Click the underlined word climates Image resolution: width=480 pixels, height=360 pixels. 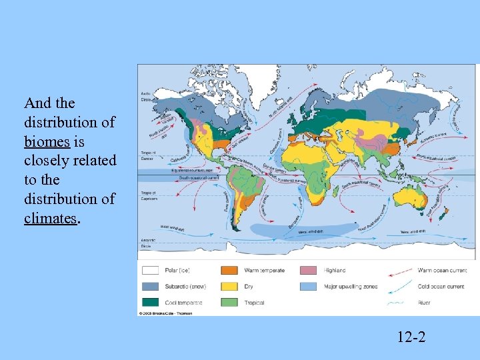(50, 218)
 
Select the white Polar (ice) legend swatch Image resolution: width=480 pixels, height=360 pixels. (151, 271)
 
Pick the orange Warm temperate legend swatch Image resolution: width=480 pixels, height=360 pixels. (230, 271)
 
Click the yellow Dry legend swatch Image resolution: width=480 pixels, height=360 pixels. (230, 287)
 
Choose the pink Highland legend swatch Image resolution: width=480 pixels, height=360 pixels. (308, 271)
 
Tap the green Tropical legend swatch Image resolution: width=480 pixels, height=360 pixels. (230, 303)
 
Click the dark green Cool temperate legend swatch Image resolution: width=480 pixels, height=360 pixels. (151, 303)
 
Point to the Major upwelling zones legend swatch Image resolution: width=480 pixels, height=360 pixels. (308, 287)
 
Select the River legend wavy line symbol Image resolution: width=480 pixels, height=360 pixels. (398, 303)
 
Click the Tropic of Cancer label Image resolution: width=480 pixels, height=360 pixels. (147, 155)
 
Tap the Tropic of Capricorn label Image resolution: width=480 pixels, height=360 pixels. (147, 195)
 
